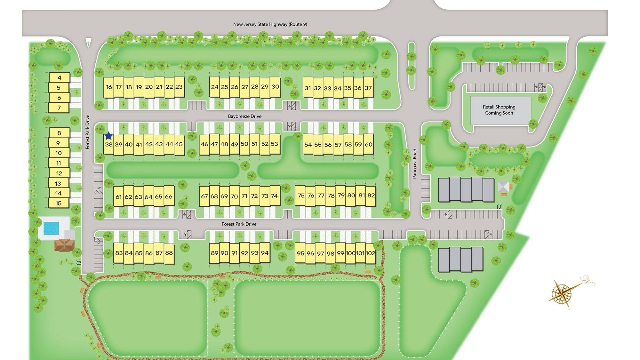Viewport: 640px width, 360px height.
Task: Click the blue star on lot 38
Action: [x=109, y=136]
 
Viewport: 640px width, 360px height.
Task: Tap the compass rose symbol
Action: [x=562, y=292]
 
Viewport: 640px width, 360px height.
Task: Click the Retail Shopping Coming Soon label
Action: [x=499, y=110]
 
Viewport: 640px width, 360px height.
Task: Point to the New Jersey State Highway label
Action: [x=270, y=24]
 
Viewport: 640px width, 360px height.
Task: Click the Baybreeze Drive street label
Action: [x=245, y=116]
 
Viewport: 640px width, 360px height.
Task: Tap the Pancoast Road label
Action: [x=415, y=164]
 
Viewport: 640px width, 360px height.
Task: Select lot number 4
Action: [x=59, y=77]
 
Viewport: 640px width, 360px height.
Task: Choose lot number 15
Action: [x=58, y=203]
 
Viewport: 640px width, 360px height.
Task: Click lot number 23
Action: [x=179, y=87]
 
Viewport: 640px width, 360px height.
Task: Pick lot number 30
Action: [x=275, y=86]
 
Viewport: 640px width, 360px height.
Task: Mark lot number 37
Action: [x=368, y=88]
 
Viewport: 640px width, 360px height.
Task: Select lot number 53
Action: [x=275, y=144]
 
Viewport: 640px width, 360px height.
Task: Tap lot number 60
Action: [x=369, y=144]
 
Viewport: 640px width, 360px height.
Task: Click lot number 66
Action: [x=169, y=196]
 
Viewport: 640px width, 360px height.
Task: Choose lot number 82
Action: [x=371, y=195]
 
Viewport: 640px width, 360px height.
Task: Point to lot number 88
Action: [x=169, y=253]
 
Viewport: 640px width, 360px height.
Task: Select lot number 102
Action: [x=370, y=253]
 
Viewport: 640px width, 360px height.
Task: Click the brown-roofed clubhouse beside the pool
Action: [x=64, y=245]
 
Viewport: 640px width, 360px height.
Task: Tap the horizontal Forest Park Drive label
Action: [x=239, y=224]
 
